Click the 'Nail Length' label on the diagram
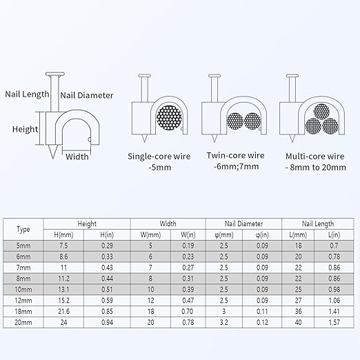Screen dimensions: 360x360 (x=27, y=94)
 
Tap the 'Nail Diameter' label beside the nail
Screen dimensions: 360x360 (x=87, y=95)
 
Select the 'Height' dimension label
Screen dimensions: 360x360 (x=25, y=130)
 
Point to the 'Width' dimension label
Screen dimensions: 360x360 (x=77, y=157)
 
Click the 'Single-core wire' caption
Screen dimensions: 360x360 (x=159, y=157)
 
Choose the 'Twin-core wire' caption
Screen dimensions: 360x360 (x=235, y=155)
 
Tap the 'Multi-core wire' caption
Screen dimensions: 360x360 (x=315, y=157)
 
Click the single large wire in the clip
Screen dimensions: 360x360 (x=169, y=118)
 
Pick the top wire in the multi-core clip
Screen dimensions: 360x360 (x=321, y=112)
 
